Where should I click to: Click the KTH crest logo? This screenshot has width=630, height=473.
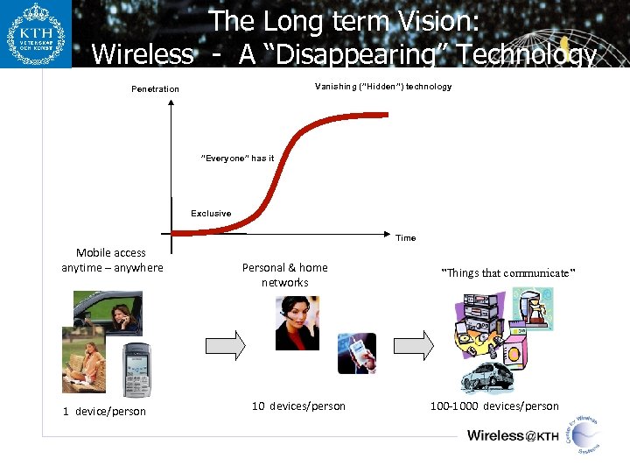36,34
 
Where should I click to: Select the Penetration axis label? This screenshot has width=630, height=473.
155,88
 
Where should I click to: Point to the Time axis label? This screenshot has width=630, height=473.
405,238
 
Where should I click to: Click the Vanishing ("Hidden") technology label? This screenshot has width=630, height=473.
383,86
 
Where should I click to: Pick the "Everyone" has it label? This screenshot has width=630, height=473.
237,159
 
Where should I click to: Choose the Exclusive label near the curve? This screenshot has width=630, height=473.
211,213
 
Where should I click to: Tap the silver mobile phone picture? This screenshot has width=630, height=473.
136,370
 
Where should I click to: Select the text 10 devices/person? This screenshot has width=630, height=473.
298,406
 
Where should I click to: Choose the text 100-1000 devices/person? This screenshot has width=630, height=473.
493,406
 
